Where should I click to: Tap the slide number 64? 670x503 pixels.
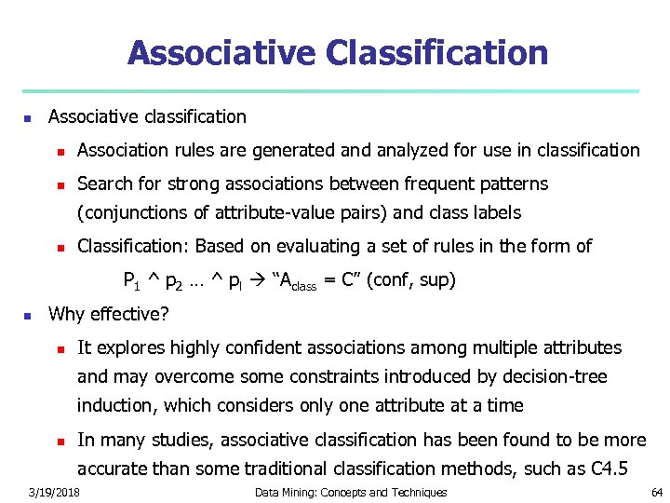(657, 492)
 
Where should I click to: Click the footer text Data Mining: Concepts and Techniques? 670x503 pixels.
(351, 492)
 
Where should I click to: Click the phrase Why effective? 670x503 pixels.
(109, 314)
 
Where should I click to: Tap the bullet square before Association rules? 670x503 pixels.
(58, 151)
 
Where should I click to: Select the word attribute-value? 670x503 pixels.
(270, 212)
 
